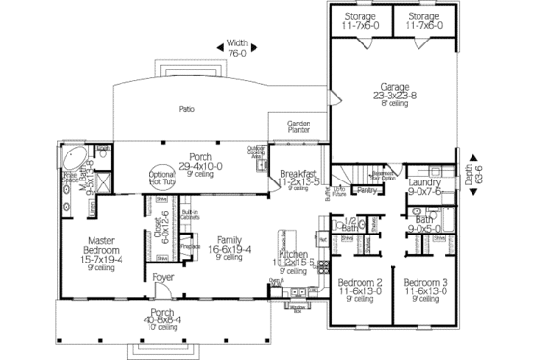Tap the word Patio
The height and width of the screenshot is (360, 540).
[188, 108]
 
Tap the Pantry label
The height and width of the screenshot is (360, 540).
[365, 191]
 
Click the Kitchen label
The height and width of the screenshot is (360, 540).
[295, 255]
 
